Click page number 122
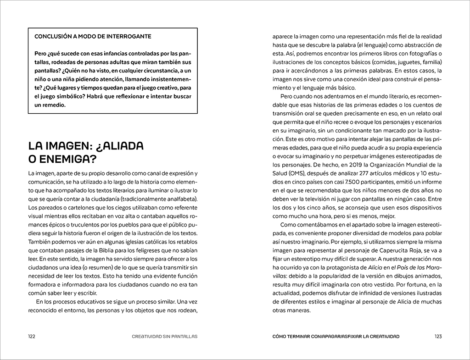tap(32, 336)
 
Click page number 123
tap(438, 336)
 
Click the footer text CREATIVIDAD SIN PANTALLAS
tap(164, 336)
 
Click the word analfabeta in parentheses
tap(178, 199)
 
